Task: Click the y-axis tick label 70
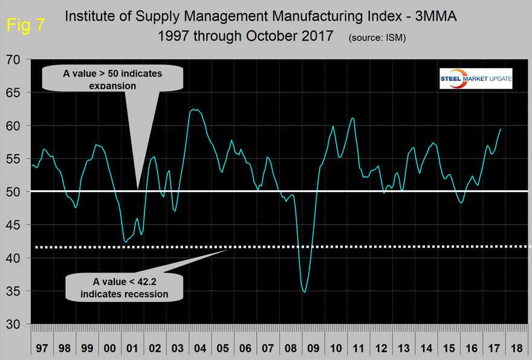click(14, 60)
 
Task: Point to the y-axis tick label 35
click(14, 291)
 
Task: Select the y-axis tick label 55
click(14, 159)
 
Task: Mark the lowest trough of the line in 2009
click(305, 292)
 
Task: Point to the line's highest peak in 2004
click(193, 109)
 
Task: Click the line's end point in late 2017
click(501, 129)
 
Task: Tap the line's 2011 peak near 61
click(353, 118)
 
